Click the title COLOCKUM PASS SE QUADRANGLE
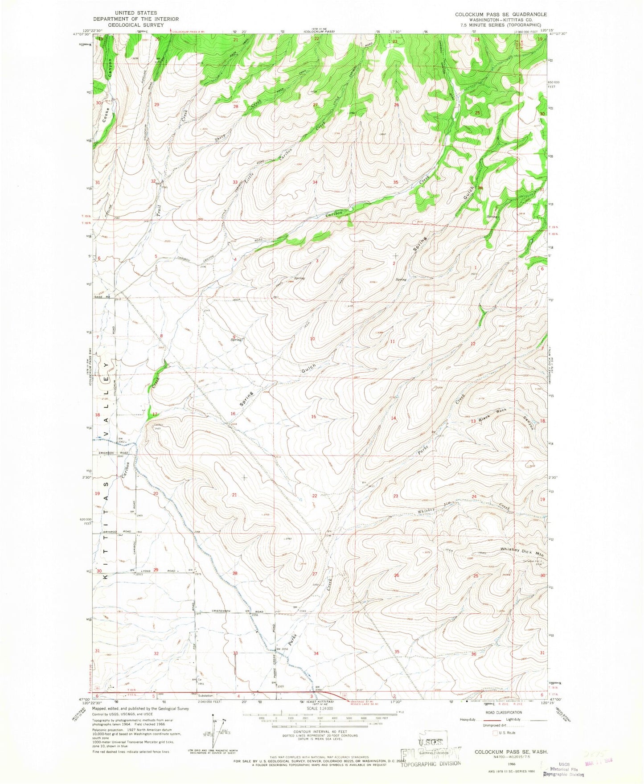coord(500,15)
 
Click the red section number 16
coord(232,414)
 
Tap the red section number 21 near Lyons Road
coord(235,495)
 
